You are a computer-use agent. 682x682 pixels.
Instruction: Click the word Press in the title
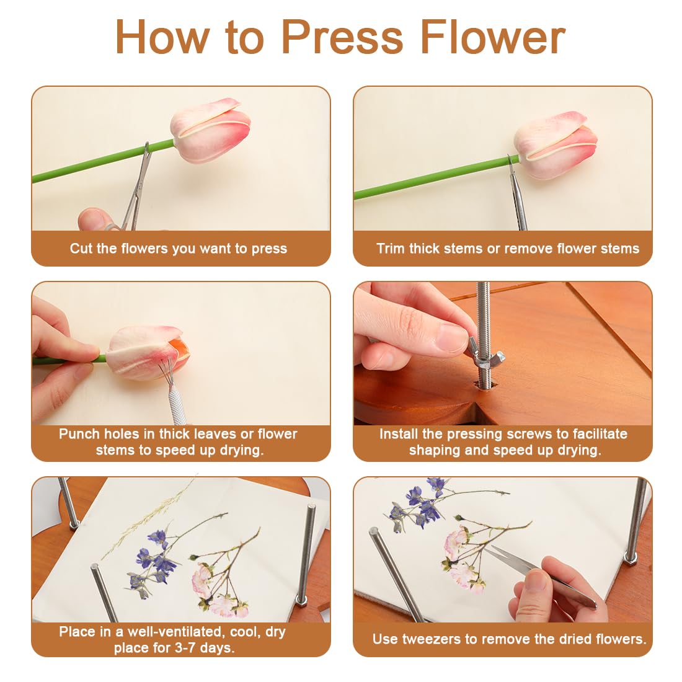pos(342,37)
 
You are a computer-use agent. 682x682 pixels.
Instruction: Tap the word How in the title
pos(163,37)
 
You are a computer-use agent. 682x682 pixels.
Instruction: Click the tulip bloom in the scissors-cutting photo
pos(210,130)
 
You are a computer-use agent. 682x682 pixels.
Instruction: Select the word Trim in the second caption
pos(391,249)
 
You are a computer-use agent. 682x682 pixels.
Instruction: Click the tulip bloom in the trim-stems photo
pos(556,145)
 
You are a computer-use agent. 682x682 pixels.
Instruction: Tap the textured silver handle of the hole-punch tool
pos(177,407)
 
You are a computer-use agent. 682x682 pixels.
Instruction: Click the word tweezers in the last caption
pos(431,639)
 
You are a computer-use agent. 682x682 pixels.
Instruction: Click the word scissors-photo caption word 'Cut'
pos(81,249)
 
